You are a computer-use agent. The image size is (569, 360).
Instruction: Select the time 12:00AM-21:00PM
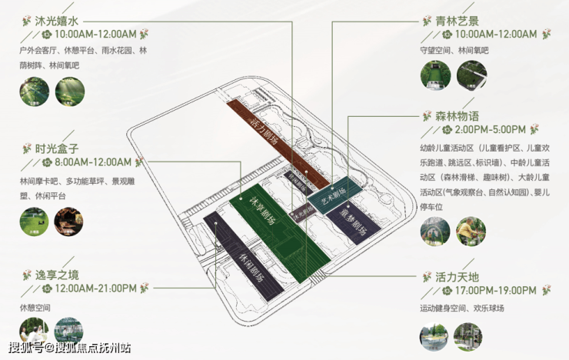click(x=96, y=288)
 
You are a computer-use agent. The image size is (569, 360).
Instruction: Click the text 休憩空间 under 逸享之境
click(x=35, y=307)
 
